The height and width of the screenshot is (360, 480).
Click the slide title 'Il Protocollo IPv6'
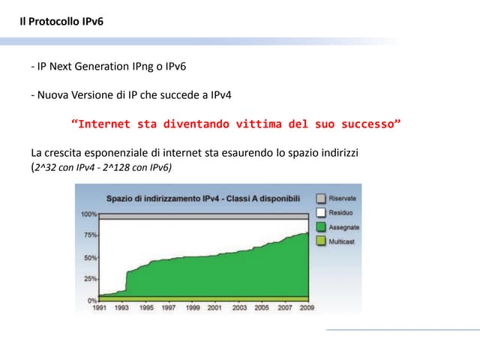(x=61, y=21)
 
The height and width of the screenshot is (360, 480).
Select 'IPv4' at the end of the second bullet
(x=218, y=95)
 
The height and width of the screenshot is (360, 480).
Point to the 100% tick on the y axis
(x=88, y=214)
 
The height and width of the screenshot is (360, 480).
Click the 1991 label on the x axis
(x=98, y=307)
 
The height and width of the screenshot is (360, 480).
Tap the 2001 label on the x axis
(x=214, y=307)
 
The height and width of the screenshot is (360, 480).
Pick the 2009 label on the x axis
(x=307, y=307)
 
